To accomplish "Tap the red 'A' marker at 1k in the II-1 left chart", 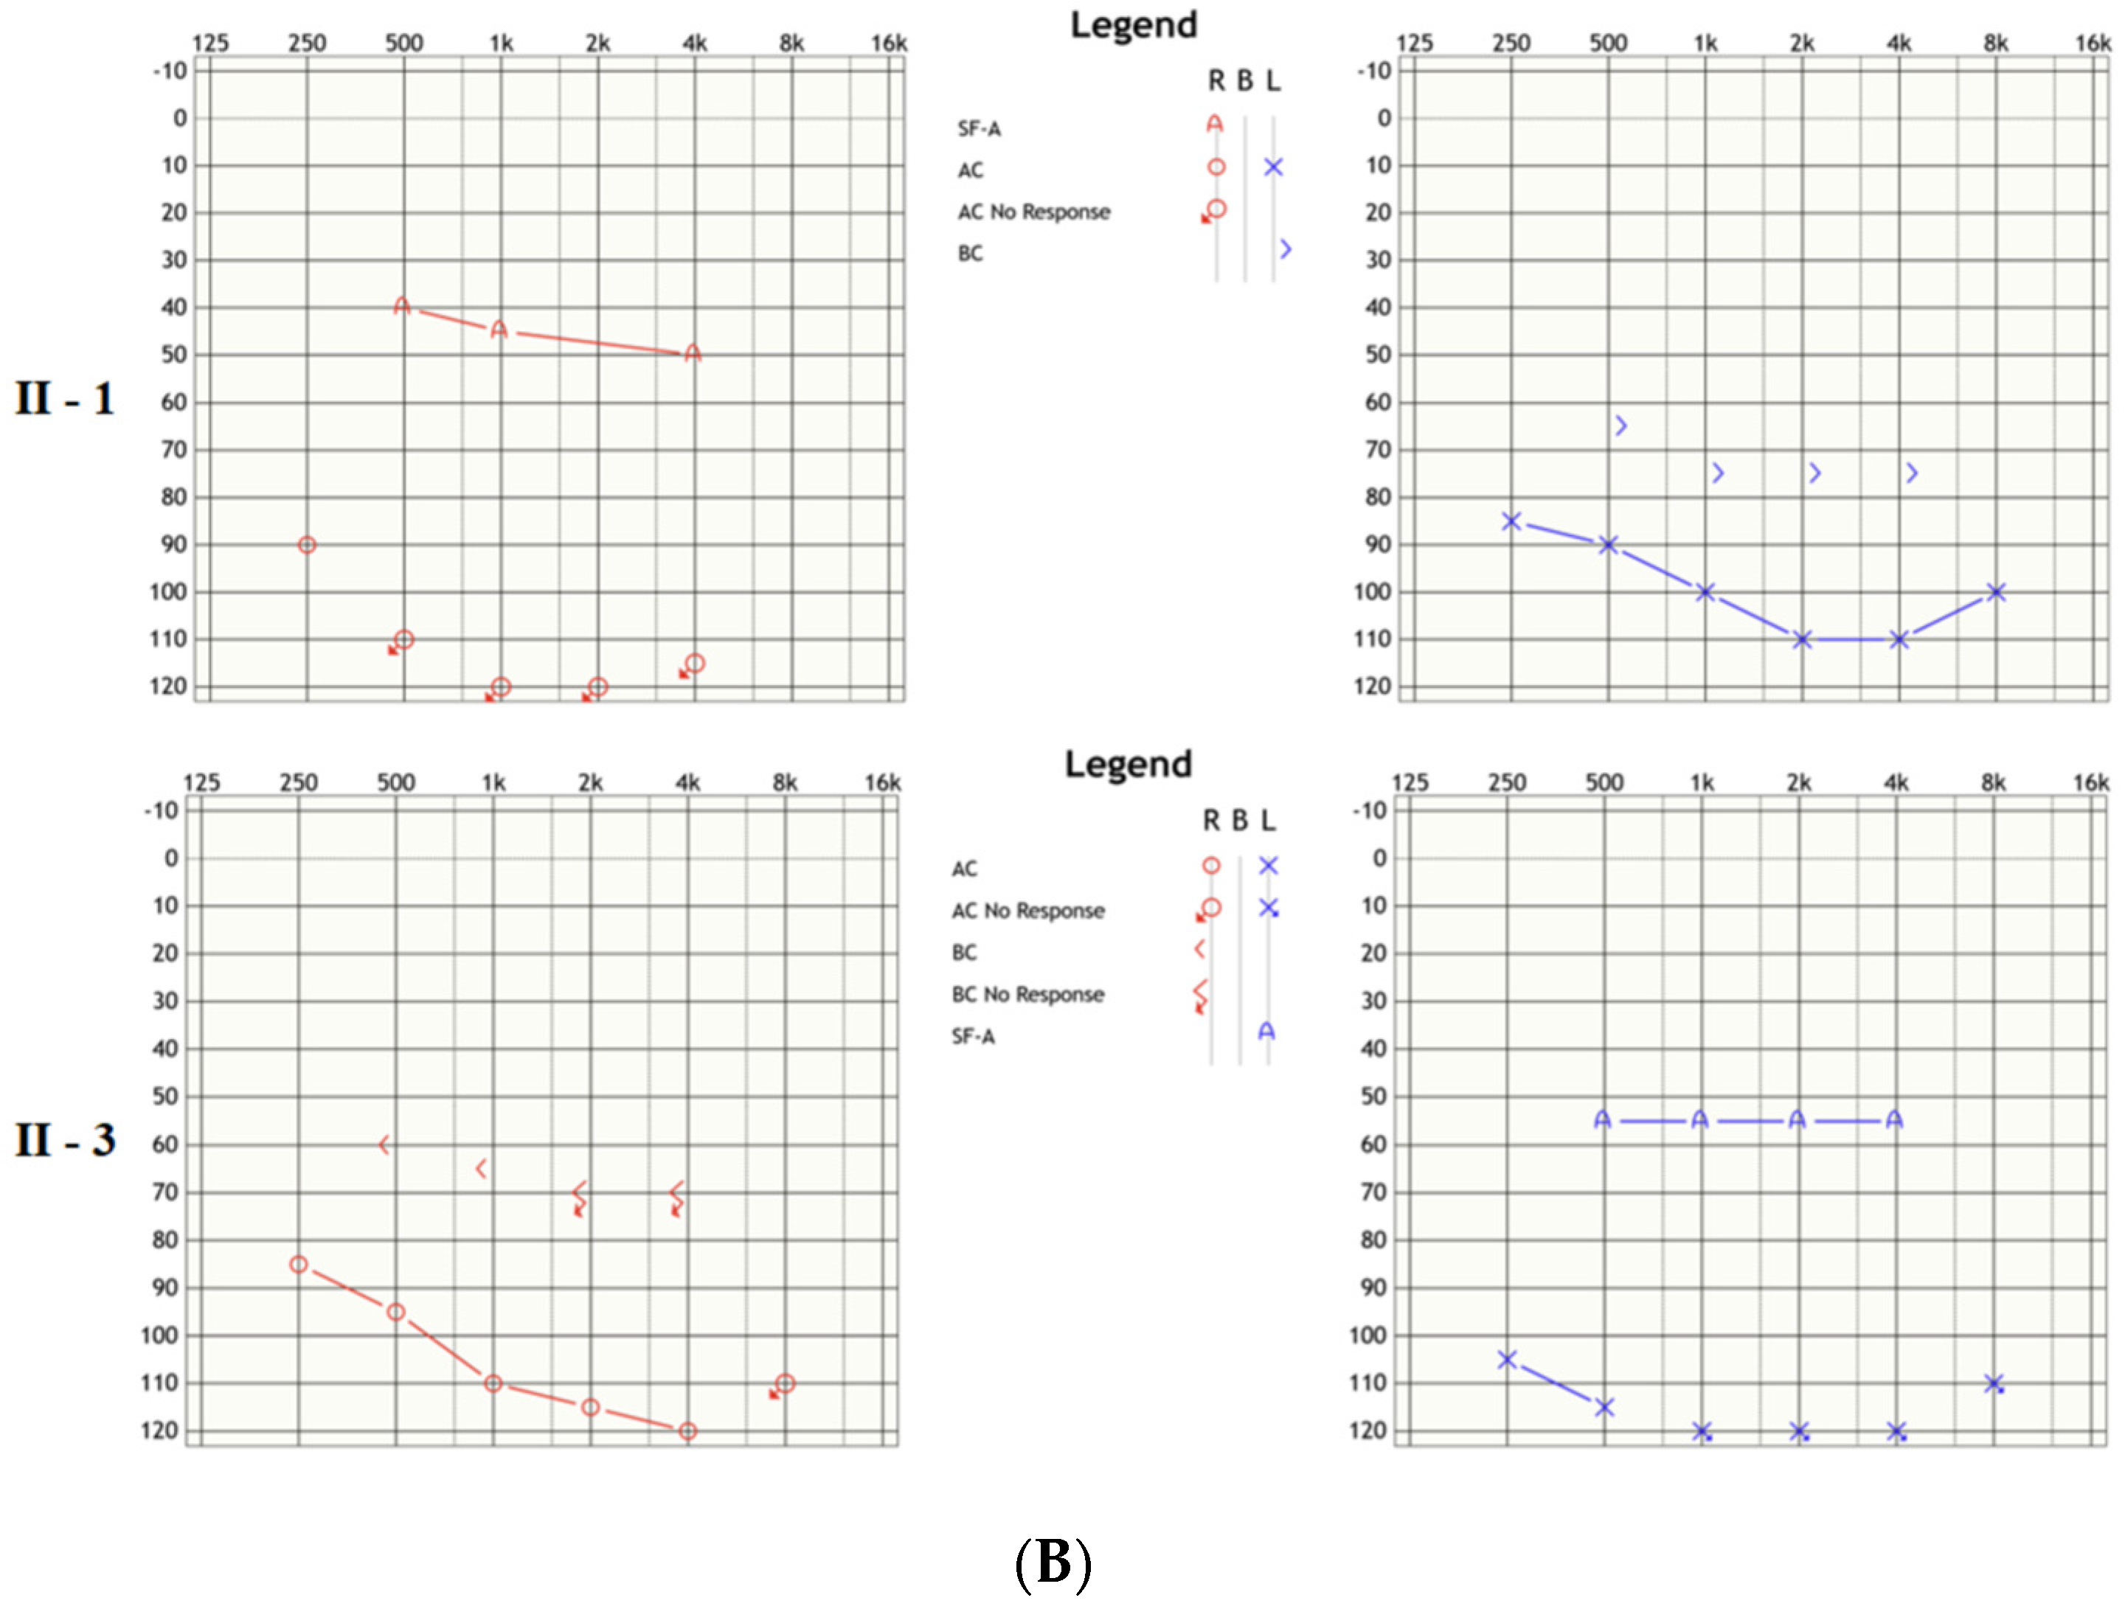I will tap(499, 330).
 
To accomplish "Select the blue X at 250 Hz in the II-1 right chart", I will tap(1511, 521).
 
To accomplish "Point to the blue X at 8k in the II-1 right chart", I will tap(1996, 591).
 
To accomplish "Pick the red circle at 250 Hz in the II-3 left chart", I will tap(299, 1264).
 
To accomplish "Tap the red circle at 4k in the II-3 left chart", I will tap(688, 1431).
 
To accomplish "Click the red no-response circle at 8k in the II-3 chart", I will tap(785, 1383).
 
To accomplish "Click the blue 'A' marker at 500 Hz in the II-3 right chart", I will tap(1602, 1119).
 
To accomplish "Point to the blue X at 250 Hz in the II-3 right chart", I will tap(1508, 1359).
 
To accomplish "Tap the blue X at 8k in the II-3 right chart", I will tap(1994, 1383).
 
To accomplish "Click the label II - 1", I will tap(64, 399).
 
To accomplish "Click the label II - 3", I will tap(64, 1140).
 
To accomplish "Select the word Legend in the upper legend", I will tap(1134, 25).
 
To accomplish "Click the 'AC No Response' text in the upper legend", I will tap(1033, 212).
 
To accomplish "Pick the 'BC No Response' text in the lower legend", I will tap(1028, 994).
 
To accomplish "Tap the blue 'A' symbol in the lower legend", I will tap(1267, 1032).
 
